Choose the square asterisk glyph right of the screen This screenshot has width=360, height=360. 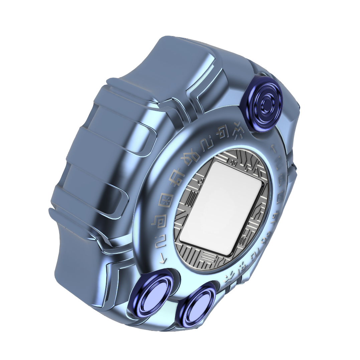(281, 193)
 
